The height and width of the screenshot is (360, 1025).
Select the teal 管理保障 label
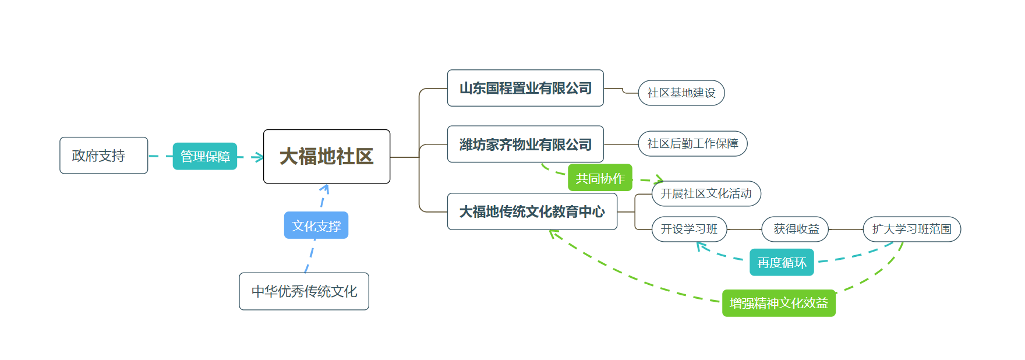204,156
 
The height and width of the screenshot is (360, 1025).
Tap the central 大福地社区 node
327,156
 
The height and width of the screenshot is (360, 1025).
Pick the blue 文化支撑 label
316,225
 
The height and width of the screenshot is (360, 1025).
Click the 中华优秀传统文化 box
304,291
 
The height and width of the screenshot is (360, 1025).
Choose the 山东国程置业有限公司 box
525,88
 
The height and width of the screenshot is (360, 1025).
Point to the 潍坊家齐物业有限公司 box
525,144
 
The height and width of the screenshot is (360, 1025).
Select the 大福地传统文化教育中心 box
532,211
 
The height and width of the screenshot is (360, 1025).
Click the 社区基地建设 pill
681,93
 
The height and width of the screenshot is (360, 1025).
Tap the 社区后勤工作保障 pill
692,144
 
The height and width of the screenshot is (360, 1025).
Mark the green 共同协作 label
600,178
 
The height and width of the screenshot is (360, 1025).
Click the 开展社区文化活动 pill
706,193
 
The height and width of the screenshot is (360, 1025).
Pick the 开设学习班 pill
689,229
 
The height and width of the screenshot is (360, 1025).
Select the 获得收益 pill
796,230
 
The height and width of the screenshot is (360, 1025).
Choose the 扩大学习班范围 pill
912,230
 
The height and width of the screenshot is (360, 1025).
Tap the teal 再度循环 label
782,262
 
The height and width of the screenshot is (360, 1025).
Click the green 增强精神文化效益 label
779,303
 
